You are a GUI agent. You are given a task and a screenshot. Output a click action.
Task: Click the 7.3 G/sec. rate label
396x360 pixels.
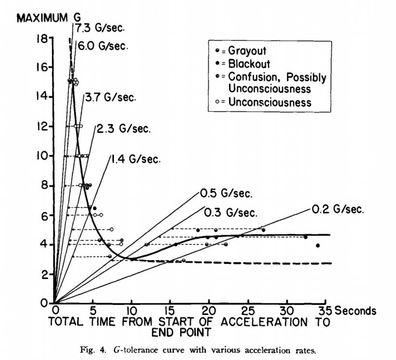click(x=99, y=28)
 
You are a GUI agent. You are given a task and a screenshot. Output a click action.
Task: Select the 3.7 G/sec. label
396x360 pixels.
click(x=110, y=97)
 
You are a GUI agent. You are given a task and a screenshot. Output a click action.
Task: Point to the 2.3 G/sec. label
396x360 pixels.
click(x=124, y=129)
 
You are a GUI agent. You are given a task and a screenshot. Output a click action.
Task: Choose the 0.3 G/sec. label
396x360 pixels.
click(x=230, y=212)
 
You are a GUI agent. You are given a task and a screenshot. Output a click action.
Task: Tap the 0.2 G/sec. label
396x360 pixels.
click(x=338, y=209)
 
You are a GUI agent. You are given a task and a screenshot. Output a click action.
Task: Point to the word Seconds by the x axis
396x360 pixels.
click(x=355, y=311)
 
